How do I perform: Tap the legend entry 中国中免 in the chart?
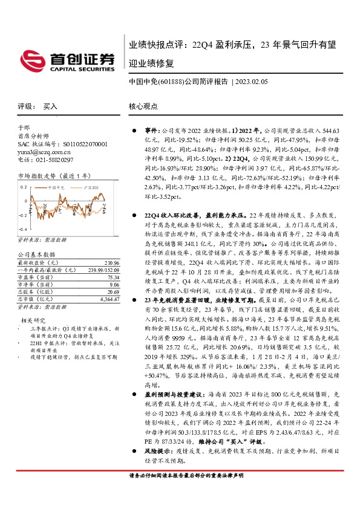pyautogui.click(x=60, y=189)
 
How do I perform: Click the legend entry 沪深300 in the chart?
pyautogui.click(x=91, y=189)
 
